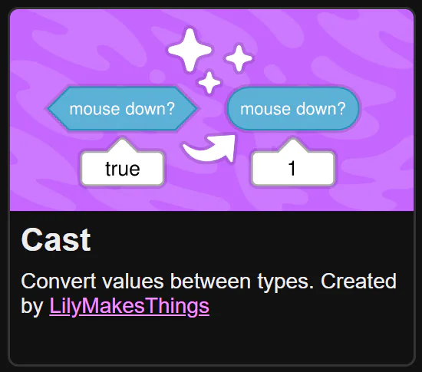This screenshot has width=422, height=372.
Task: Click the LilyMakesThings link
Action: point(129,306)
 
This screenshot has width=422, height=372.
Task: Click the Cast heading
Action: point(56,240)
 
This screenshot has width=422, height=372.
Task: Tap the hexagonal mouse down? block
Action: point(123,109)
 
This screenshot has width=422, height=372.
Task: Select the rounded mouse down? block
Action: point(293,109)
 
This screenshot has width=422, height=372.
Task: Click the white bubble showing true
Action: point(123,169)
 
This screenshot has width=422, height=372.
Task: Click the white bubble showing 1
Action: point(293,169)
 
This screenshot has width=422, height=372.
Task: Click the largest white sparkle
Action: point(190,50)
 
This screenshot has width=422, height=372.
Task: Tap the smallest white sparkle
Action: point(209,82)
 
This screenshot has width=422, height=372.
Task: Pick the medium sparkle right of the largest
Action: point(239,58)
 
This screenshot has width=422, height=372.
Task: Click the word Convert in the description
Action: point(58,281)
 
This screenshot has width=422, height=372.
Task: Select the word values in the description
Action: point(133,281)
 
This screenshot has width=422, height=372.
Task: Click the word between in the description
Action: point(211,281)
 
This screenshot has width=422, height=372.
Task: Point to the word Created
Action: point(358,281)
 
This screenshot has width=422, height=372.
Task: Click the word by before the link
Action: point(32,307)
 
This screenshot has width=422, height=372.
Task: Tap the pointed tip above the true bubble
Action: point(122,139)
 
